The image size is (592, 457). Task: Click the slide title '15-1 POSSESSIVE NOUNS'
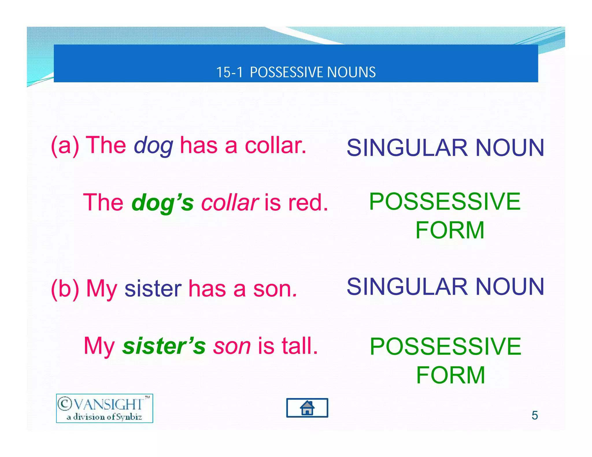[296, 72]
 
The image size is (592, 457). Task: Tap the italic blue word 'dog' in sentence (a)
[153, 146]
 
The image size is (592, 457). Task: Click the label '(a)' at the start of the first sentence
[65, 146]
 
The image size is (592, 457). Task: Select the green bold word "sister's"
[164, 346]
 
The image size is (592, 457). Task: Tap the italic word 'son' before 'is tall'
[232, 346]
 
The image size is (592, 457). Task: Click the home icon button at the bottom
[307, 408]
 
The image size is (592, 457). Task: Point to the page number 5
[534, 415]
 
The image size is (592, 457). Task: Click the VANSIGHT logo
[104, 408]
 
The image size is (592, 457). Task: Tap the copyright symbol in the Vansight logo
[64, 404]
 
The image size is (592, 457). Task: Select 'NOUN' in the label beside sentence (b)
[510, 287]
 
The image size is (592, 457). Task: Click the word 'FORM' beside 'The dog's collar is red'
[450, 230]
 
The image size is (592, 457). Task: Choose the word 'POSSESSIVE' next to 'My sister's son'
[445, 347]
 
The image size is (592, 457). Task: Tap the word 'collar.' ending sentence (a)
[275, 146]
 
